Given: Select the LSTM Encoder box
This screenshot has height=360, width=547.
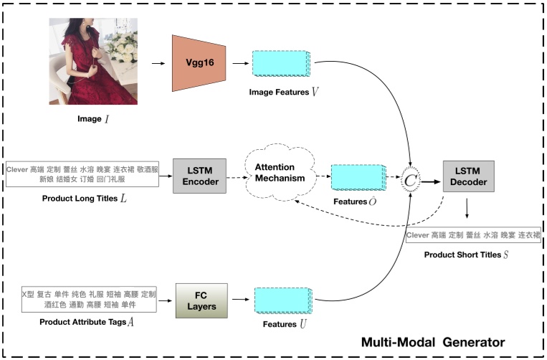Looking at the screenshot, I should tap(199, 176).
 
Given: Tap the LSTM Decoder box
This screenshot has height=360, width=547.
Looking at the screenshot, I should tap(468, 176).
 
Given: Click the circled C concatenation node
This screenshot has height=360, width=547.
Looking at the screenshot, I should tap(409, 181).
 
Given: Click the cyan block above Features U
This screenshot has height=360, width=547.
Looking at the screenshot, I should tap(280, 300).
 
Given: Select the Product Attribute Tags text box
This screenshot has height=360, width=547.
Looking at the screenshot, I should tap(89, 300).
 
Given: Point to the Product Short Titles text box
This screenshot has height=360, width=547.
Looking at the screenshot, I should tap(472, 235).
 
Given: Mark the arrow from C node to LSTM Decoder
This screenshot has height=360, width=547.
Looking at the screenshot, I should tap(430, 181).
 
